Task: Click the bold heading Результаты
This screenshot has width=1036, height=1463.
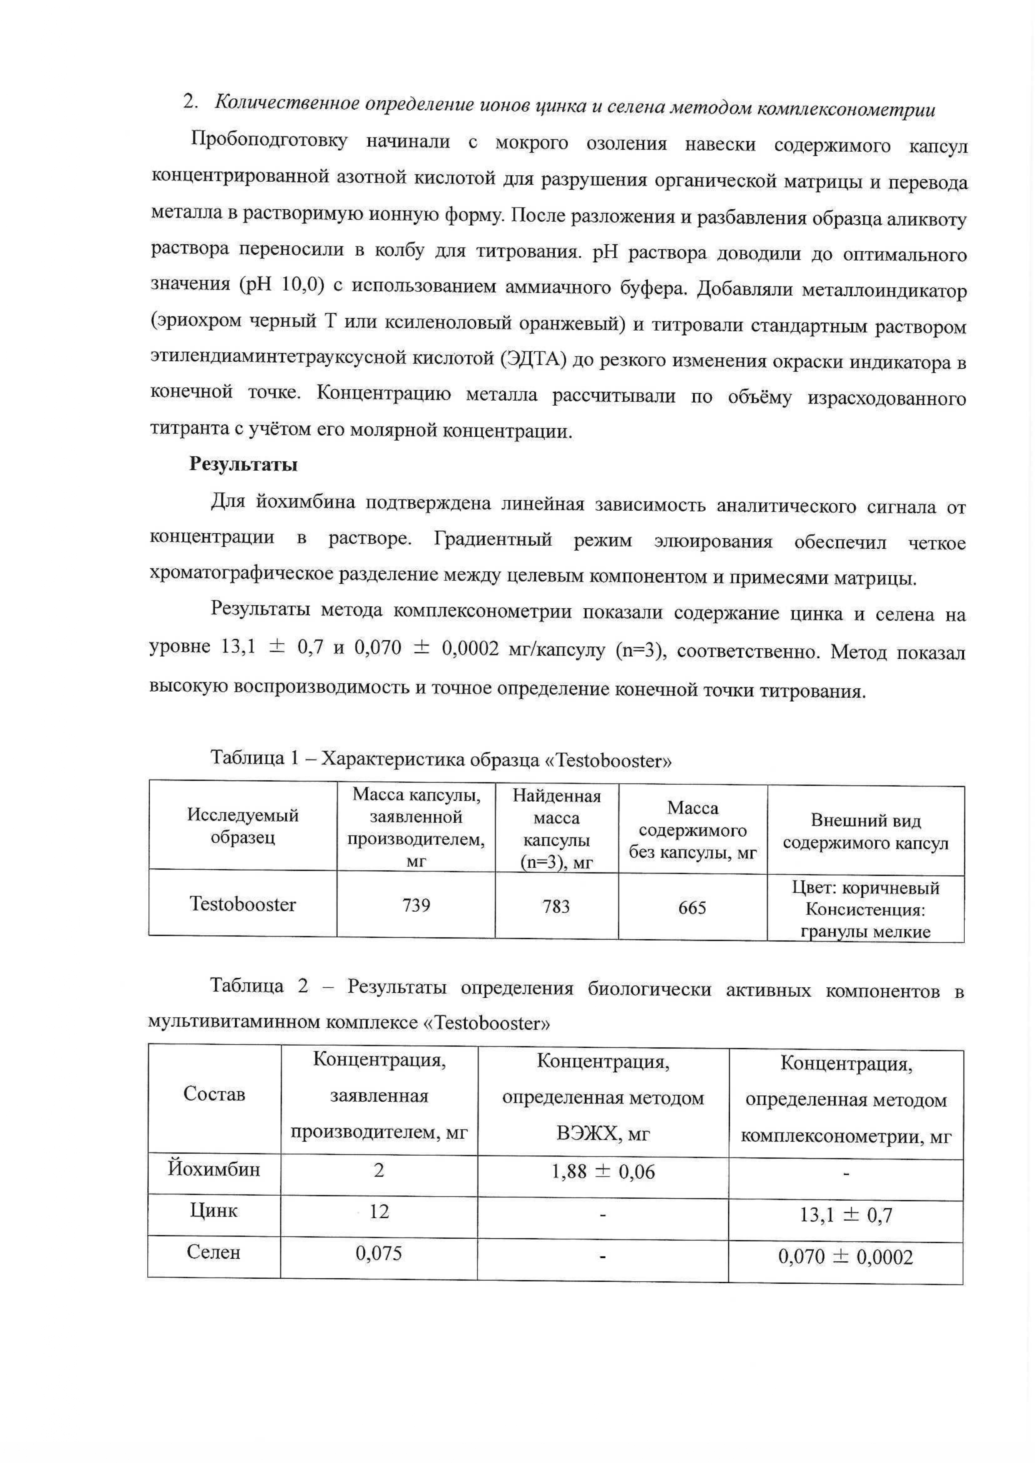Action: click(x=243, y=464)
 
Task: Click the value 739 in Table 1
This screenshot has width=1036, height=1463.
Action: click(x=416, y=905)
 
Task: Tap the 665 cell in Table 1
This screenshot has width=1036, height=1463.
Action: click(x=692, y=908)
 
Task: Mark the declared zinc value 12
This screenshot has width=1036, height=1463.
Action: click(x=379, y=1212)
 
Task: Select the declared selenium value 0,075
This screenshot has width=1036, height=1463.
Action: click(x=379, y=1253)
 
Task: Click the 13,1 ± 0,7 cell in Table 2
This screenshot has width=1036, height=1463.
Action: click(x=845, y=1215)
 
